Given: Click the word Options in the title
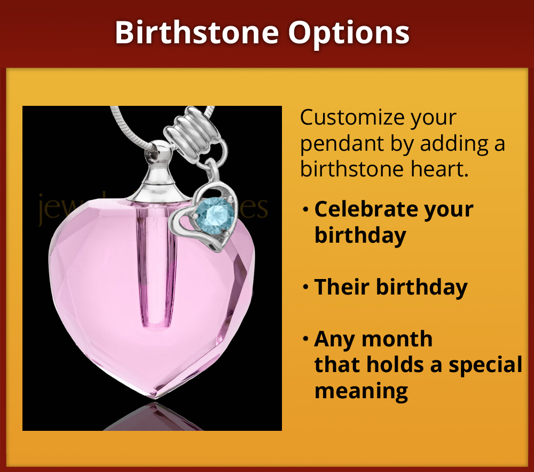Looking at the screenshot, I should [x=349, y=33].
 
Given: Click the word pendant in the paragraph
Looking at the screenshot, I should [x=337, y=144].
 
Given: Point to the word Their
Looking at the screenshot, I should [x=341, y=287].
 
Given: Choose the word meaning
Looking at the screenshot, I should [x=361, y=391].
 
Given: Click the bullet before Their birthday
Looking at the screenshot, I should [x=305, y=288].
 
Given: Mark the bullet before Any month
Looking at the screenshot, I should [x=305, y=339].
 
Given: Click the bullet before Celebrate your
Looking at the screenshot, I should [x=305, y=210].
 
